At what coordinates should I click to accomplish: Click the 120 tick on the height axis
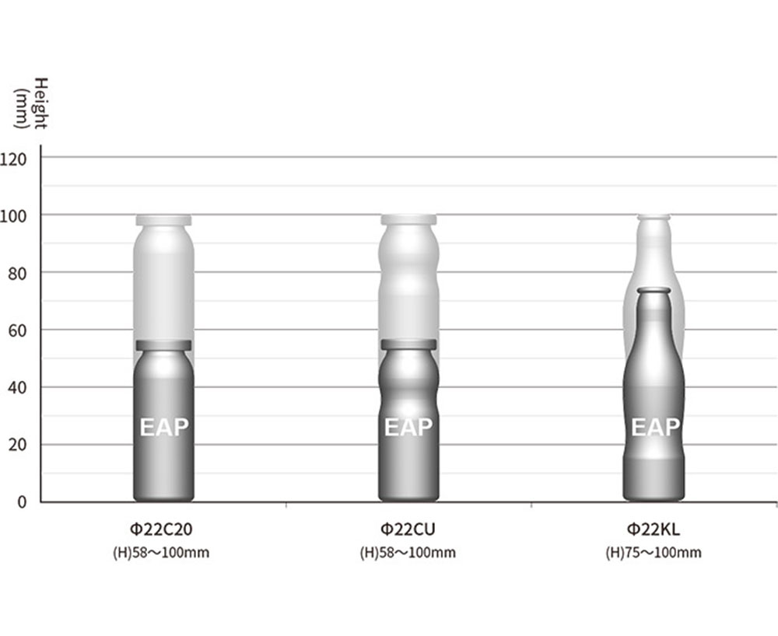coord(13,159)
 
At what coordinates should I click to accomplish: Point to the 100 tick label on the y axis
coord(13,216)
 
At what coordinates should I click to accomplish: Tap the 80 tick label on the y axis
coord(17,274)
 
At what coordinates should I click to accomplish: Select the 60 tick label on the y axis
coord(17,330)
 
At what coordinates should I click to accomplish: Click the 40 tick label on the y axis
coord(17,388)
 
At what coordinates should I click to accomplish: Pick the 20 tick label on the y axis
coord(17,446)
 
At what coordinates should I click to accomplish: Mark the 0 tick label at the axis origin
coord(22,502)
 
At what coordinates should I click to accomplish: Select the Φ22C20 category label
coord(161,529)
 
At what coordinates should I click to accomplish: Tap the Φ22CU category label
coord(408,529)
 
